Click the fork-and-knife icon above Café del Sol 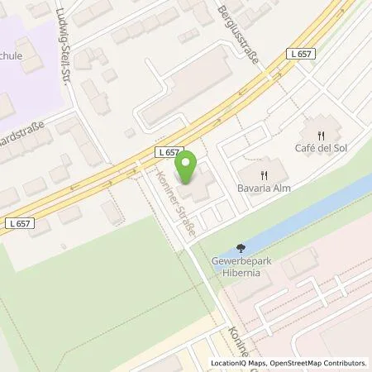pyautogui.click(x=322, y=134)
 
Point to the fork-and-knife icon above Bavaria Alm pyautogui.click(x=265, y=174)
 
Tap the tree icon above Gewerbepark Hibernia pyautogui.click(x=240, y=247)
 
